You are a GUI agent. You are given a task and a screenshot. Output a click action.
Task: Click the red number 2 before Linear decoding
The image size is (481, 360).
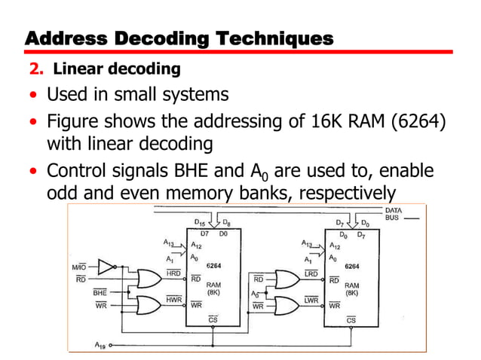point(34,70)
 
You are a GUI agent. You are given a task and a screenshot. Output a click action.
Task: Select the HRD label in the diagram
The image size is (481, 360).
point(173,273)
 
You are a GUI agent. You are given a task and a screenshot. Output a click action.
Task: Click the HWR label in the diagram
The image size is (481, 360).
point(173,299)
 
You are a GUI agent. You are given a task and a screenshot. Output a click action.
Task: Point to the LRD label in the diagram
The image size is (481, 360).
point(311,272)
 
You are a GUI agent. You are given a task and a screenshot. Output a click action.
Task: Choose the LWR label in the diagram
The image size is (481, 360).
point(311,299)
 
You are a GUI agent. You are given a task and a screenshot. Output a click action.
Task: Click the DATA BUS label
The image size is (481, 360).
point(394,215)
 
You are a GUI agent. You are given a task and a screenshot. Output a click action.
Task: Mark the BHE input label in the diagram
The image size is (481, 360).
point(99,291)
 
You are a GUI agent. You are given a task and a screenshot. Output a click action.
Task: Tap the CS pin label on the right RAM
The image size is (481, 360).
point(351,319)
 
